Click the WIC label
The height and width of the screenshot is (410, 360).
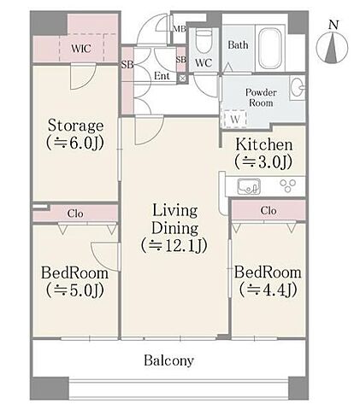pos(81,49)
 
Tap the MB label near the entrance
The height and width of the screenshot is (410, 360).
pos(180,29)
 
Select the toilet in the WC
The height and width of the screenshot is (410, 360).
pos(204,41)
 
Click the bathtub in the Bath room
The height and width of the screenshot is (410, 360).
pos(270,47)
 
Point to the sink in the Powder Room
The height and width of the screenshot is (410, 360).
pos(298,88)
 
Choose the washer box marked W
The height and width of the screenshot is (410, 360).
pos(235,119)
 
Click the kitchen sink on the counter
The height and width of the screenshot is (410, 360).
pos(249,187)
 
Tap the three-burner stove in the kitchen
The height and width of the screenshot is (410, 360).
pos(288,186)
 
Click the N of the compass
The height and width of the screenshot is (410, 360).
pos(333,25)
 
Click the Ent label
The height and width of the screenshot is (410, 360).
pos(162,76)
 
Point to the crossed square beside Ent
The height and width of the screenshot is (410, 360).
pos(182,79)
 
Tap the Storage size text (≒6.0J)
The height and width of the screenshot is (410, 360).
pos(74,143)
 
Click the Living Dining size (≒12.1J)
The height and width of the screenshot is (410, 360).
pos(174,245)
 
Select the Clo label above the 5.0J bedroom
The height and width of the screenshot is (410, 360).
pos(75,214)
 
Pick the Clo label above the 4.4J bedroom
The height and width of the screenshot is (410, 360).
pos(269,211)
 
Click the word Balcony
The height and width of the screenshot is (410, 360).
pos(168,360)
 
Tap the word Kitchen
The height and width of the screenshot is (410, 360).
pos(264,144)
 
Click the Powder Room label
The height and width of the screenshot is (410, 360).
pos(261,97)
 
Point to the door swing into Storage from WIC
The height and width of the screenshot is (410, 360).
pos(83,78)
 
